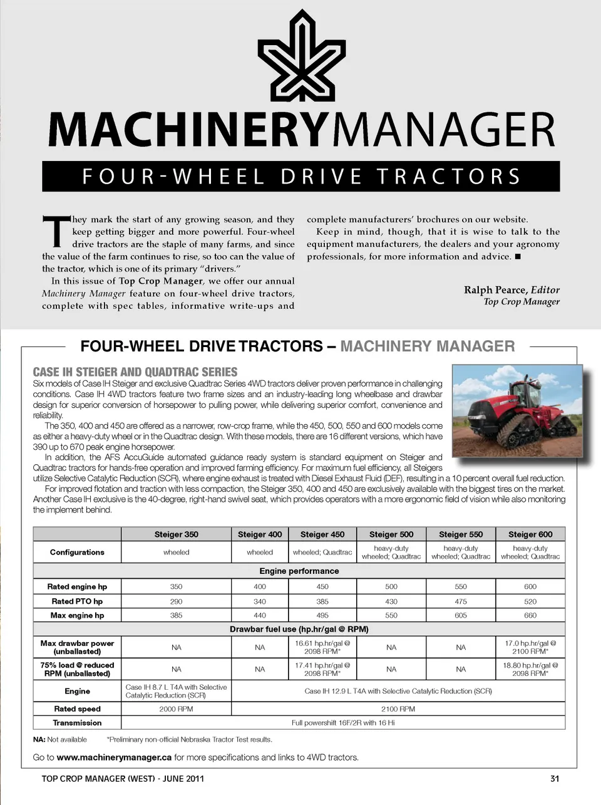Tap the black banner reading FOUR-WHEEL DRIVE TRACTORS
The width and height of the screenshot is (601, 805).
tap(300, 177)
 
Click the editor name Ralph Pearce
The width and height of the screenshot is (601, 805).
tap(495, 289)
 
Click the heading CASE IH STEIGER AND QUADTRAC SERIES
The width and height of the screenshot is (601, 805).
tap(135, 371)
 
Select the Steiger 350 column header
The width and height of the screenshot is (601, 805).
tap(176, 534)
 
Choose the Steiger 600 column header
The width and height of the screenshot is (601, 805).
tap(530, 534)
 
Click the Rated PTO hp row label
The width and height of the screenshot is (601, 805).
tap(77, 601)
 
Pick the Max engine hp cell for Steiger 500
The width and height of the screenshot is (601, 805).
tap(391, 616)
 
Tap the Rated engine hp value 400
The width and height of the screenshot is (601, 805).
tap(260, 587)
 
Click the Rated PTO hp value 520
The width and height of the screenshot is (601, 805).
tap(530, 601)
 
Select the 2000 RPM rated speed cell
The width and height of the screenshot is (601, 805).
tap(176, 709)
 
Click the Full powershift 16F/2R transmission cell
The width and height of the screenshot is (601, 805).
tap(343, 723)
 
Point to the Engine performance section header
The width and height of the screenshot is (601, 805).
tap(299, 571)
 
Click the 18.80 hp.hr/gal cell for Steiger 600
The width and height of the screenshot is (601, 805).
tap(530, 669)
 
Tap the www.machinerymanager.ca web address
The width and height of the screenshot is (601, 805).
tap(114, 757)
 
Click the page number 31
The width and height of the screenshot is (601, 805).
tap(555, 779)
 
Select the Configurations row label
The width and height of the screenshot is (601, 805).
tap(77, 553)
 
